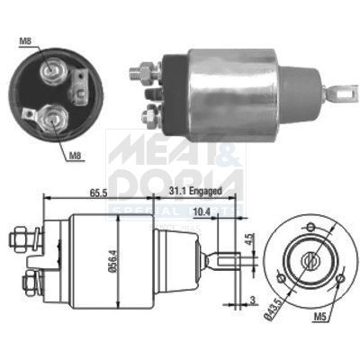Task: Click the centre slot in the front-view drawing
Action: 310,262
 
